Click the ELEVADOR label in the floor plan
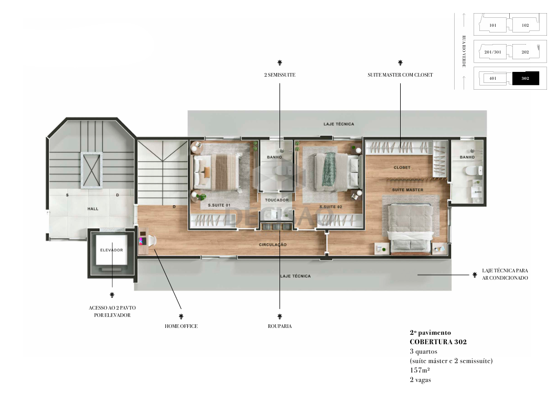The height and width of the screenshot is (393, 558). [111, 250]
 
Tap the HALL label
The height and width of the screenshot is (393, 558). [93, 209]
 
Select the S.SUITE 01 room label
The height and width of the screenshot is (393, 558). [219, 205]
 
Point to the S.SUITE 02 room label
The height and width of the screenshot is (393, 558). [330, 207]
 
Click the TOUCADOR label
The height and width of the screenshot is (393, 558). [277, 200]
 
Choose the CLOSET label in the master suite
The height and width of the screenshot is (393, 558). [402, 167]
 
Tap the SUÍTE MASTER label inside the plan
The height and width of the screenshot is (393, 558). [408, 190]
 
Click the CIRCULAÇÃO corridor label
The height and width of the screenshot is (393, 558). [273, 245]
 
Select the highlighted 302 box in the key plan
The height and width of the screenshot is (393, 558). [525, 78]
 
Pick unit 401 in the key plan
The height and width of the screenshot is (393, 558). [492, 78]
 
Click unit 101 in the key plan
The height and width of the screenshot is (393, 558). [492, 25]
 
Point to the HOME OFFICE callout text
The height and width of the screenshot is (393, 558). [181, 326]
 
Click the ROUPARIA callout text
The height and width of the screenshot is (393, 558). [280, 326]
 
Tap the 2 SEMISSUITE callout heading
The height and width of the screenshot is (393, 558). [280, 75]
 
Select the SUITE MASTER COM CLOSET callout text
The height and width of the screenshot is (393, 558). [400, 75]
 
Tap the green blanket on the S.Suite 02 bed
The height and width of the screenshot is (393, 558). [329, 169]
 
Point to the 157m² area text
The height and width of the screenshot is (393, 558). [420, 370]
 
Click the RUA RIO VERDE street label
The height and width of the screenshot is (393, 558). [464, 51]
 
